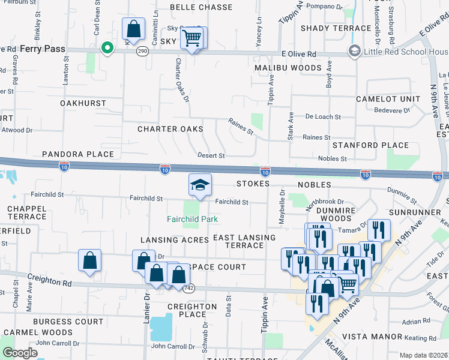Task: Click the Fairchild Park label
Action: pyautogui.click(x=192, y=219)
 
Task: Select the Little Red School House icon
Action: pyautogui.click(x=354, y=52)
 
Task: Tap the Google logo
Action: pyautogui.click(x=20, y=353)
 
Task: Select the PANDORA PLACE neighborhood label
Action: pyautogui.click(x=78, y=154)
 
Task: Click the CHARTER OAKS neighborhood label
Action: pyautogui.click(x=170, y=129)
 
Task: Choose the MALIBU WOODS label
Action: pyautogui.click(x=288, y=68)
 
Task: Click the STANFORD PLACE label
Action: pyautogui.click(x=371, y=145)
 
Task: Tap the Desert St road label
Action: pyautogui.click(x=211, y=155)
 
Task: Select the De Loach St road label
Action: pyautogui.click(x=323, y=117)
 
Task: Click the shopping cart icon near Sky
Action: pyautogui.click(x=191, y=38)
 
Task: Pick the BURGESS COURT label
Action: pyautogui.click(x=68, y=322)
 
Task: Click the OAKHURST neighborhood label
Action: pyautogui.click(x=83, y=103)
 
